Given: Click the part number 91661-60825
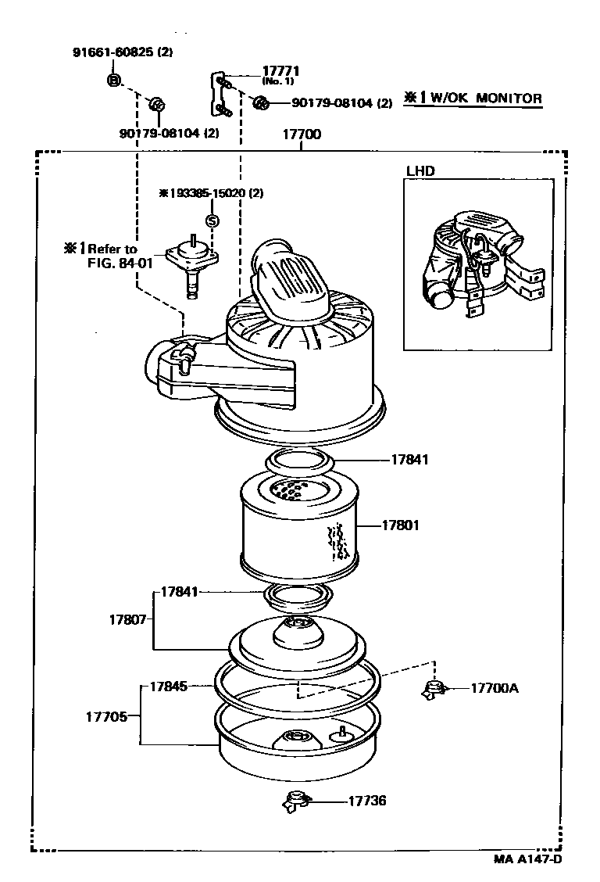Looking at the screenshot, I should click(114, 53).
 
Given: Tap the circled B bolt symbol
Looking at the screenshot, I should click(114, 80).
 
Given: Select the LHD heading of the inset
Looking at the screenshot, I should click(420, 170).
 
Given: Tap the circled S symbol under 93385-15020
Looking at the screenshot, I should click(212, 221).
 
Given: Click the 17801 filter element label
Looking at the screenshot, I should click(400, 525).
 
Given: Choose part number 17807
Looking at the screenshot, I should click(127, 619).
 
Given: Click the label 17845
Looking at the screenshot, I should click(168, 687).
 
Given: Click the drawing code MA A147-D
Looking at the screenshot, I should click(527, 859).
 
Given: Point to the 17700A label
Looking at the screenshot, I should click(495, 688).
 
